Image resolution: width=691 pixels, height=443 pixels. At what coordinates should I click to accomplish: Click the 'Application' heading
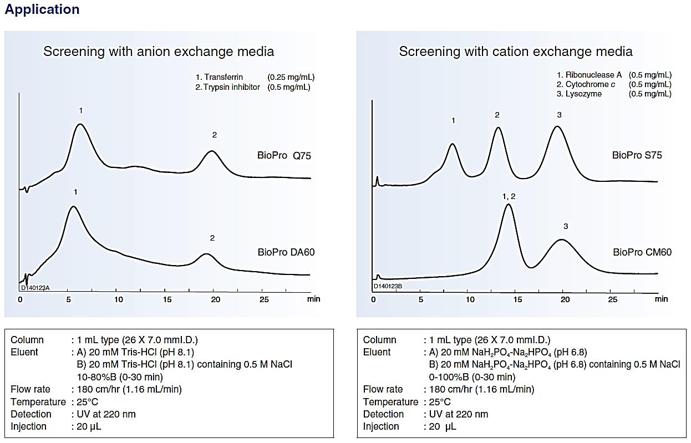point(42,9)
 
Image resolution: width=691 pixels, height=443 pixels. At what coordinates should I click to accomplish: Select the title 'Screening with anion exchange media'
point(159,52)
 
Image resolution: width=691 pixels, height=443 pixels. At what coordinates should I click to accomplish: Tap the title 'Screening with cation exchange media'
point(515,52)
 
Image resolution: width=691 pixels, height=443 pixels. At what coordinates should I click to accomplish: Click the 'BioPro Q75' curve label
point(284,156)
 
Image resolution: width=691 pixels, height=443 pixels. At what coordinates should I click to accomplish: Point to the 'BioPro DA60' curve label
point(286,252)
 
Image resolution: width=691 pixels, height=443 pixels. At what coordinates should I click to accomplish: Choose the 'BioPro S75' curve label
point(637,155)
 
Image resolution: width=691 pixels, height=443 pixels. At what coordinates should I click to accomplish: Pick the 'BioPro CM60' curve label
point(642,252)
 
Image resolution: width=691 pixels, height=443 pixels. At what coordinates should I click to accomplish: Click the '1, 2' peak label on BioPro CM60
point(509,197)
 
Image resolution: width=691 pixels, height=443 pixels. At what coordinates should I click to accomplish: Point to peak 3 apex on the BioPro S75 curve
point(557,127)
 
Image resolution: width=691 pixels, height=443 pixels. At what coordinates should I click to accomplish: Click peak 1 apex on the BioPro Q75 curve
point(81,124)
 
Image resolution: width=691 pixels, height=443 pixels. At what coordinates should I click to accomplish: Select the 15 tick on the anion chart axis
point(167,299)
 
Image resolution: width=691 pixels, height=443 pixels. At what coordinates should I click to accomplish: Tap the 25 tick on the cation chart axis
point(612,299)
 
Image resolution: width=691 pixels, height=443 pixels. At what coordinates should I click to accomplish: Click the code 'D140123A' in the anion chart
point(35,287)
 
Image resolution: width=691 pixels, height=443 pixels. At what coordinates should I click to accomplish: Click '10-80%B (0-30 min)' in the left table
point(120,377)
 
